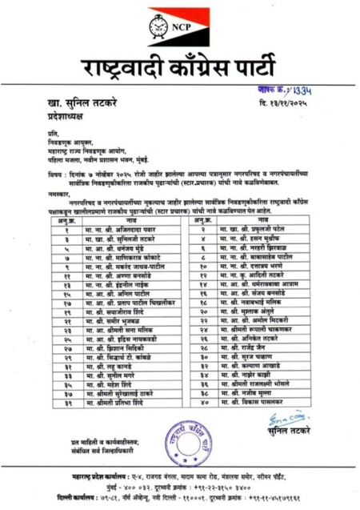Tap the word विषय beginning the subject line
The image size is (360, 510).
tap(54, 171)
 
